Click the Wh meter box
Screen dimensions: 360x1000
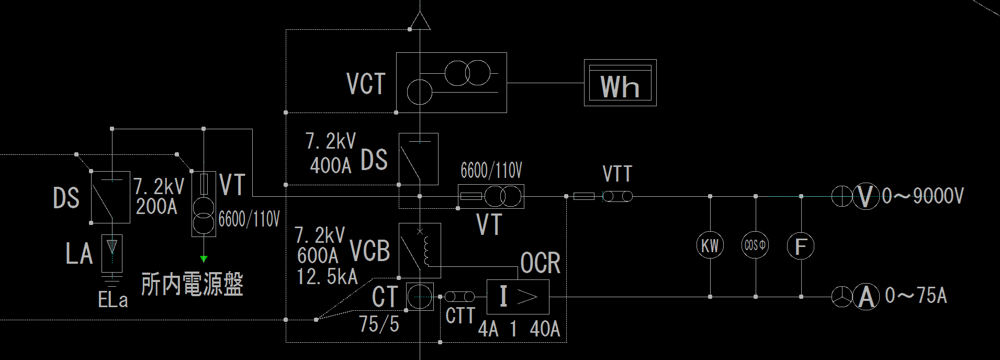pyautogui.click(x=620, y=83)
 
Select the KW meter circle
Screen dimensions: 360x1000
pyautogui.click(x=710, y=245)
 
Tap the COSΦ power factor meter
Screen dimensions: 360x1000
pyautogui.click(x=755, y=245)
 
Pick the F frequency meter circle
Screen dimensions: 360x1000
pyautogui.click(x=801, y=245)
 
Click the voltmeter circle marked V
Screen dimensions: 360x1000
pyautogui.click(x=866, y=197)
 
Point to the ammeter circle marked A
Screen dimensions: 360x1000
pyautogui.click(x=866, y=297)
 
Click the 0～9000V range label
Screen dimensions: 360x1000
pyautogui.click(x=923, y=197)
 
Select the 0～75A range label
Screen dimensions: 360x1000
pyautogui.click(x=916, y=296)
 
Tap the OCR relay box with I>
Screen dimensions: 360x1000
pyautogui.click(x=518, y=297)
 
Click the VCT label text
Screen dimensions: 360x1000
pyautogui.click(x=366, y=84)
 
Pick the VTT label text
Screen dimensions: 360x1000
pyautogui.click(x=617, y=174)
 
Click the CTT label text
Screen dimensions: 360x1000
pyautogui.click(x=460, y=316)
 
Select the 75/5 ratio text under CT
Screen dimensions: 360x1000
pyautogui.click(x=379, y=324)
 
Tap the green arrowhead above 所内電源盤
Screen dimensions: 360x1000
pyautogui.click(x=204, y=258)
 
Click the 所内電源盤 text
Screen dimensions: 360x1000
pyautogui.click(x=192, y=285)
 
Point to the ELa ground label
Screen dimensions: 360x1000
pyautogui.click(x=113, y=300)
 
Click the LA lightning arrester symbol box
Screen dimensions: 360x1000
pyautogui.click(x=112, y=253)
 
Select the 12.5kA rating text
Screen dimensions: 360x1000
pyautogui.click(x=327, y=277)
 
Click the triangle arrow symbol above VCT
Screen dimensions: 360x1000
pyautogui.click(x=420, y=21)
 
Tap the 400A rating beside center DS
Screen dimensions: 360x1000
pyautogui.click(x=331, y=166)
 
